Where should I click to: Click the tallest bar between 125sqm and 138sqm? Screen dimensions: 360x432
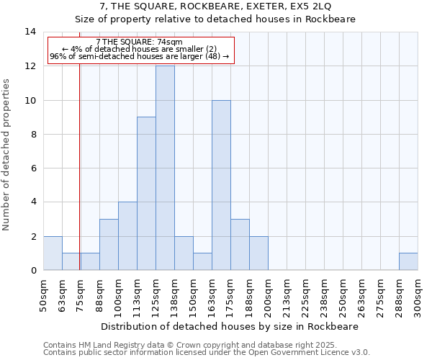165,168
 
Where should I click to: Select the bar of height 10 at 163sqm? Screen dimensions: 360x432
221,185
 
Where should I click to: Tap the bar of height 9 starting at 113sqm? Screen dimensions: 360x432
146,194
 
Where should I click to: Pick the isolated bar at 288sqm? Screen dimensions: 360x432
408,261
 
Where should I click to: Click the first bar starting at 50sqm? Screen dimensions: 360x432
53,253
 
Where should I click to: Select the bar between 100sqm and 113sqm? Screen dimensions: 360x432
127,236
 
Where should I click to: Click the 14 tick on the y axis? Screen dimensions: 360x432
30,32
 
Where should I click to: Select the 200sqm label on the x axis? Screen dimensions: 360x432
268,296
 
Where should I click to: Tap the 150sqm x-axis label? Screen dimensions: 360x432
193,296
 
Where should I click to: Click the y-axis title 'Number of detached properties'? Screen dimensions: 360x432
6,155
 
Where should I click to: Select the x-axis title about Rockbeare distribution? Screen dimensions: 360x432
230,326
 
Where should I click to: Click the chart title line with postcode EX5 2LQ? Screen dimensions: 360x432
215,6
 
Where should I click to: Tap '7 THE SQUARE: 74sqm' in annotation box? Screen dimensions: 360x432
140,42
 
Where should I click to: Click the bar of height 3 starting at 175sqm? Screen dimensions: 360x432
240,244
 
